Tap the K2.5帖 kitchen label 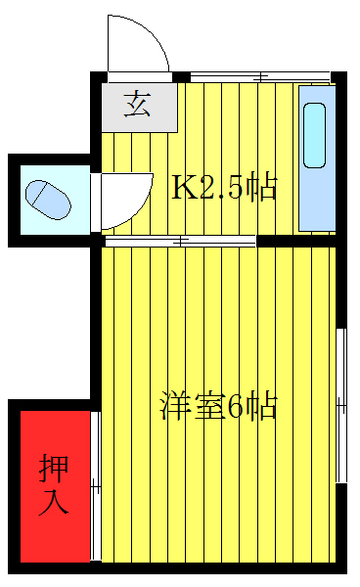[x=224, y=186]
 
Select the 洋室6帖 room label [x=218, y=406]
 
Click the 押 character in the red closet [x=55, y=470]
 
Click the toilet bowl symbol [x=47, y=198]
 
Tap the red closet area [x=55, y=486]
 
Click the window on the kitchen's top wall [x=260, y=76]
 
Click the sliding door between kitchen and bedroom [x=181, y=240]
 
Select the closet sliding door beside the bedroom [x=96, y=486]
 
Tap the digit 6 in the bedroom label [x=235, y=406]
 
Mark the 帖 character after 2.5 [x=259, y=186]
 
